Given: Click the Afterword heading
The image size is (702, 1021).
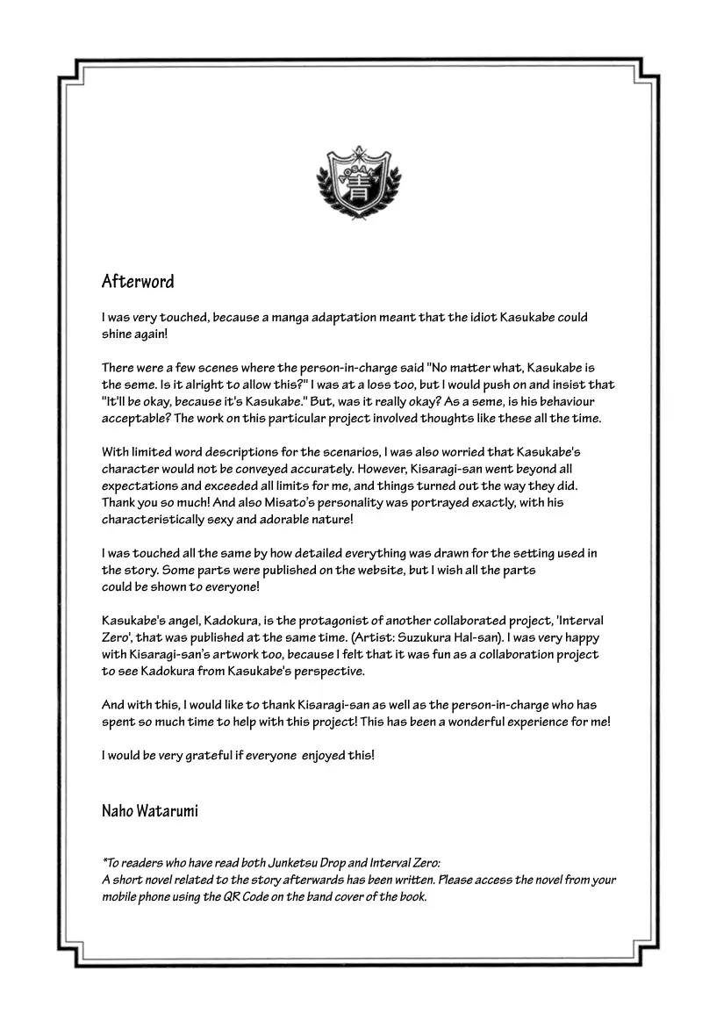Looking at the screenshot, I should tap(138, 282).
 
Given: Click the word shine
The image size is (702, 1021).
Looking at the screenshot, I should tap(118, 334).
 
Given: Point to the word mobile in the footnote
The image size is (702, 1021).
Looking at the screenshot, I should tap(121, 897).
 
